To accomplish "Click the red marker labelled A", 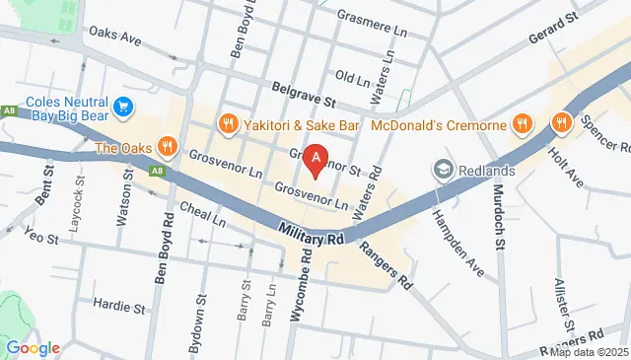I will pyautogui.click(x=315, y=159).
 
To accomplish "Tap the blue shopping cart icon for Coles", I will pyautogui.click(x=124, y=106).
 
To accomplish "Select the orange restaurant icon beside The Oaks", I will pyautogui.click(x=168, y=147).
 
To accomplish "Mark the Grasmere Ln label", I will pyautogui.click(x=372, y=17).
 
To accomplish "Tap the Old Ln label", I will pyautogui.click(x=351, y=76).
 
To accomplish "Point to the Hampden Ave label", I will pyautogui.click(x=459, y=253).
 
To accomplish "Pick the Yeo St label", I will pyautogui.click(x=43, y=238).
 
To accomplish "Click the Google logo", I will pyautogui.click(x=33, y=347).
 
